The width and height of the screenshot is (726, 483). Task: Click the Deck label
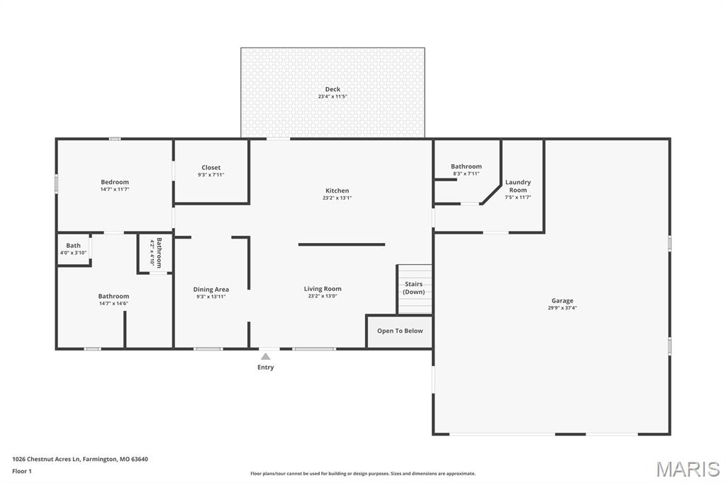(333, 89)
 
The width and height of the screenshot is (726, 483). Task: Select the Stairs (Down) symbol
(414, 288)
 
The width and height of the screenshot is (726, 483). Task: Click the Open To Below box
(399, 331)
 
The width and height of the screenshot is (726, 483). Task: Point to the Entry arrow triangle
(265, 357)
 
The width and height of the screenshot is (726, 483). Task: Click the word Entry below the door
(265, 367)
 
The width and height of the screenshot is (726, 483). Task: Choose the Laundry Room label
(518, 186)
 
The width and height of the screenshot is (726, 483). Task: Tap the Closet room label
(211, 168)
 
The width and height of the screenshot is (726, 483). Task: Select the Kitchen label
(337, 191)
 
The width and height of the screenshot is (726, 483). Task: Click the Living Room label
(323, 288)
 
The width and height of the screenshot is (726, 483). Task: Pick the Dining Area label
(211, 289)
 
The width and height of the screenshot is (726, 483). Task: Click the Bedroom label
(114, 182)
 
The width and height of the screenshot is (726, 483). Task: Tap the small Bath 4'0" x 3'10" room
(73, 249)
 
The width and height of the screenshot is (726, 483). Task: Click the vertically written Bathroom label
(159, 251)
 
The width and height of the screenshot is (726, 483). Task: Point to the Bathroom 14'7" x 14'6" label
(113, 296)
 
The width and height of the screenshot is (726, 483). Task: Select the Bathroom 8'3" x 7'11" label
(466, 166)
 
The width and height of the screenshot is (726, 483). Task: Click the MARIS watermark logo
(687, 469)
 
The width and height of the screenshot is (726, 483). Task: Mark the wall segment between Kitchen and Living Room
(341, 244)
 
